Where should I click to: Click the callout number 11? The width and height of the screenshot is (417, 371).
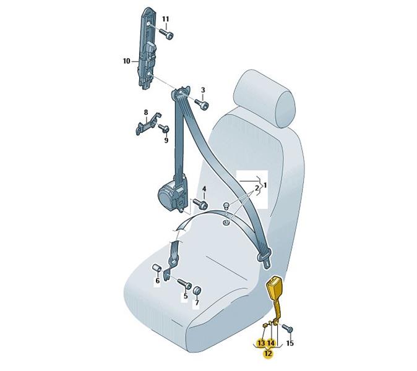pyautogui.click(x=165, y=19)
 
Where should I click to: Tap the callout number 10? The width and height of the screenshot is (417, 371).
pyautogui.click(x=127, y=61)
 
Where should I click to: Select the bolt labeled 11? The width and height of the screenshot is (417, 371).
pyautogui.click(x=166, y=34)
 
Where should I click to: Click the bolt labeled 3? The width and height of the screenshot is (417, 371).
pyautogui.click(x=202, y=104)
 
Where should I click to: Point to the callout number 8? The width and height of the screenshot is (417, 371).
pyautogui.click(x=146, y=113)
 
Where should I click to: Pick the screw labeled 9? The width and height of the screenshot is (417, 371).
pyautogui.click(x=164, y=129)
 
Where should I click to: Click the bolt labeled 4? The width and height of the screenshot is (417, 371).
pyautogui.click(x=200, y=204)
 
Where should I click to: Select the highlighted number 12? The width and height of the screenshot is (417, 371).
pyautogui.click(x=268, y=354)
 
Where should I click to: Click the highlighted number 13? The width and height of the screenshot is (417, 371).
pyautogui.click(x=261, y=343)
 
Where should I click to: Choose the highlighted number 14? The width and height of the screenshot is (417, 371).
pyautogui.click(x=271, y=343)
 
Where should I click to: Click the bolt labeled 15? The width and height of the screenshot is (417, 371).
pyautogui.click(x=287, y=328)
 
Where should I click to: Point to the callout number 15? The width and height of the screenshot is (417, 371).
pyautogui.click(x=290, y=343)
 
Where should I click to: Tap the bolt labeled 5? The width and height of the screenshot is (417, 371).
pyautogui.click(x=184, y=284)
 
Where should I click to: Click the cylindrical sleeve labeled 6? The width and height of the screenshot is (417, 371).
pyautogui.click(x=156, y=269)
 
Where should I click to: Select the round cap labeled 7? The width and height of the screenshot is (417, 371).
pyautogui.click(x=197, y=291)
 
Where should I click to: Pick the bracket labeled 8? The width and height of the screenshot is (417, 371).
pyautogui.click(x=148, y=124)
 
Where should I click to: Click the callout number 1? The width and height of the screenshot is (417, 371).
pyautogui.click(x=265, y=184)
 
